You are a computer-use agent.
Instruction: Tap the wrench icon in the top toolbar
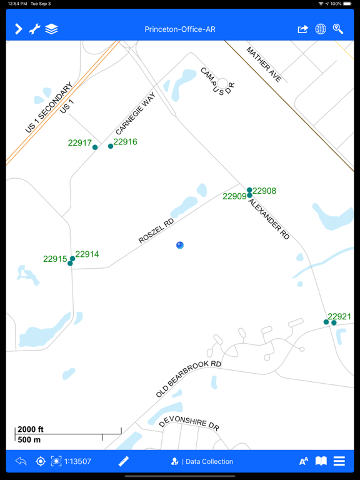pos(35,29)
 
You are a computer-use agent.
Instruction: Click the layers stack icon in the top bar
pos(51,29)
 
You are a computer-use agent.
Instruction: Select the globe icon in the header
pos(321,29)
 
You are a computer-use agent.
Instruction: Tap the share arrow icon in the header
pos(303,29)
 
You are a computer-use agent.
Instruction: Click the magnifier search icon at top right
pos(338,29)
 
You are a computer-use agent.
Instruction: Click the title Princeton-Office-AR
pos(180,29)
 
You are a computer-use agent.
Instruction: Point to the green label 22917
pos(80,143)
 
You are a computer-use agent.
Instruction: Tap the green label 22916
pos(125,142)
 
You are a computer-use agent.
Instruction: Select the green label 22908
pos(264,191)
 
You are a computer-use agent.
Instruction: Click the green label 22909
pos(234,196)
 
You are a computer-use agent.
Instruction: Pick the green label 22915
pos(55,259)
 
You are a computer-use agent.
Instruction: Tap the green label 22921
pos(339,317)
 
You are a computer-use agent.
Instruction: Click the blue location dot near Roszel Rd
pos(180,245)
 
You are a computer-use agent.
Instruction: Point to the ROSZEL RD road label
pos(156,231)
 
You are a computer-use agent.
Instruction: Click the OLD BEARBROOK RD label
pos(189,379)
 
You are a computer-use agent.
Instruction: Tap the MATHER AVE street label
pos(264,64)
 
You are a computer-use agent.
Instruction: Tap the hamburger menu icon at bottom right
pos(339,461)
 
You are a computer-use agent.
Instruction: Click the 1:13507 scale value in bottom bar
pos(77,462)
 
